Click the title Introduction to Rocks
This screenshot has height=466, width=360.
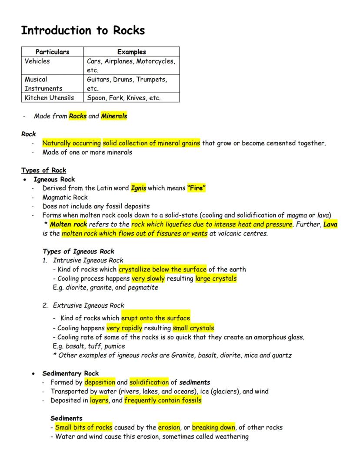point(83,30)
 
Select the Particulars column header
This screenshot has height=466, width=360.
point(52,52)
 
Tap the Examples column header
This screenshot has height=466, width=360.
point(131,52)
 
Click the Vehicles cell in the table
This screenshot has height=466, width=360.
point(37,61)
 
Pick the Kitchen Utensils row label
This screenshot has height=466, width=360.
point(49,98)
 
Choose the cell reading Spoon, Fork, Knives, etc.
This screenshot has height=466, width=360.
point(124,98)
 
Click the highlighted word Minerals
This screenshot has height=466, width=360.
point(114,116)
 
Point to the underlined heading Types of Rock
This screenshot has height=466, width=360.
point(43,170)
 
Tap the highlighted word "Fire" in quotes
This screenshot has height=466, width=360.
point(197,188)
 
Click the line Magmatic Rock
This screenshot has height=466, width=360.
point(65,198)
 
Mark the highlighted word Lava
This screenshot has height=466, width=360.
point(330,225)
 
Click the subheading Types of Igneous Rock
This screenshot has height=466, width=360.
point(79,251)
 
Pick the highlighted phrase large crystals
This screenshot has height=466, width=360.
point(216,278)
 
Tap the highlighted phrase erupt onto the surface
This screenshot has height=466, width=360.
point(156,318)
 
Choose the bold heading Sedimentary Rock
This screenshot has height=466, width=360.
point(70,373)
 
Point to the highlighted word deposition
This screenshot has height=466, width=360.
point(100,382)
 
